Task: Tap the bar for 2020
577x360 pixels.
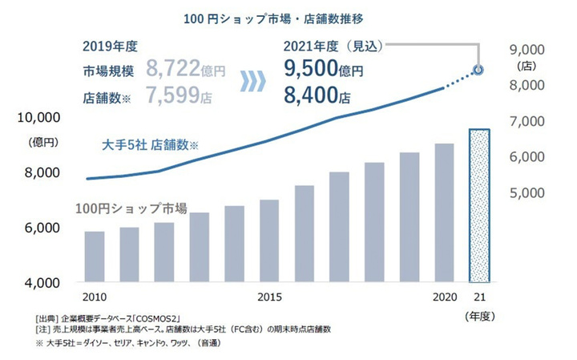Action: click(444, 212)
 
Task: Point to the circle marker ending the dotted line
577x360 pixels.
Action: click(479, 70)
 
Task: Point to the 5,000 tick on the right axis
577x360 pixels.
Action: click(527, 192)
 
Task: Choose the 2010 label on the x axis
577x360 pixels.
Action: click(95, 298)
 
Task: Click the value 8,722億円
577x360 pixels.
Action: click(188, 71)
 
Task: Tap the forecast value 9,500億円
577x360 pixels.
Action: click(324, 71)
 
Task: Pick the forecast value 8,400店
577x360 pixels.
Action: click(317, 97)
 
